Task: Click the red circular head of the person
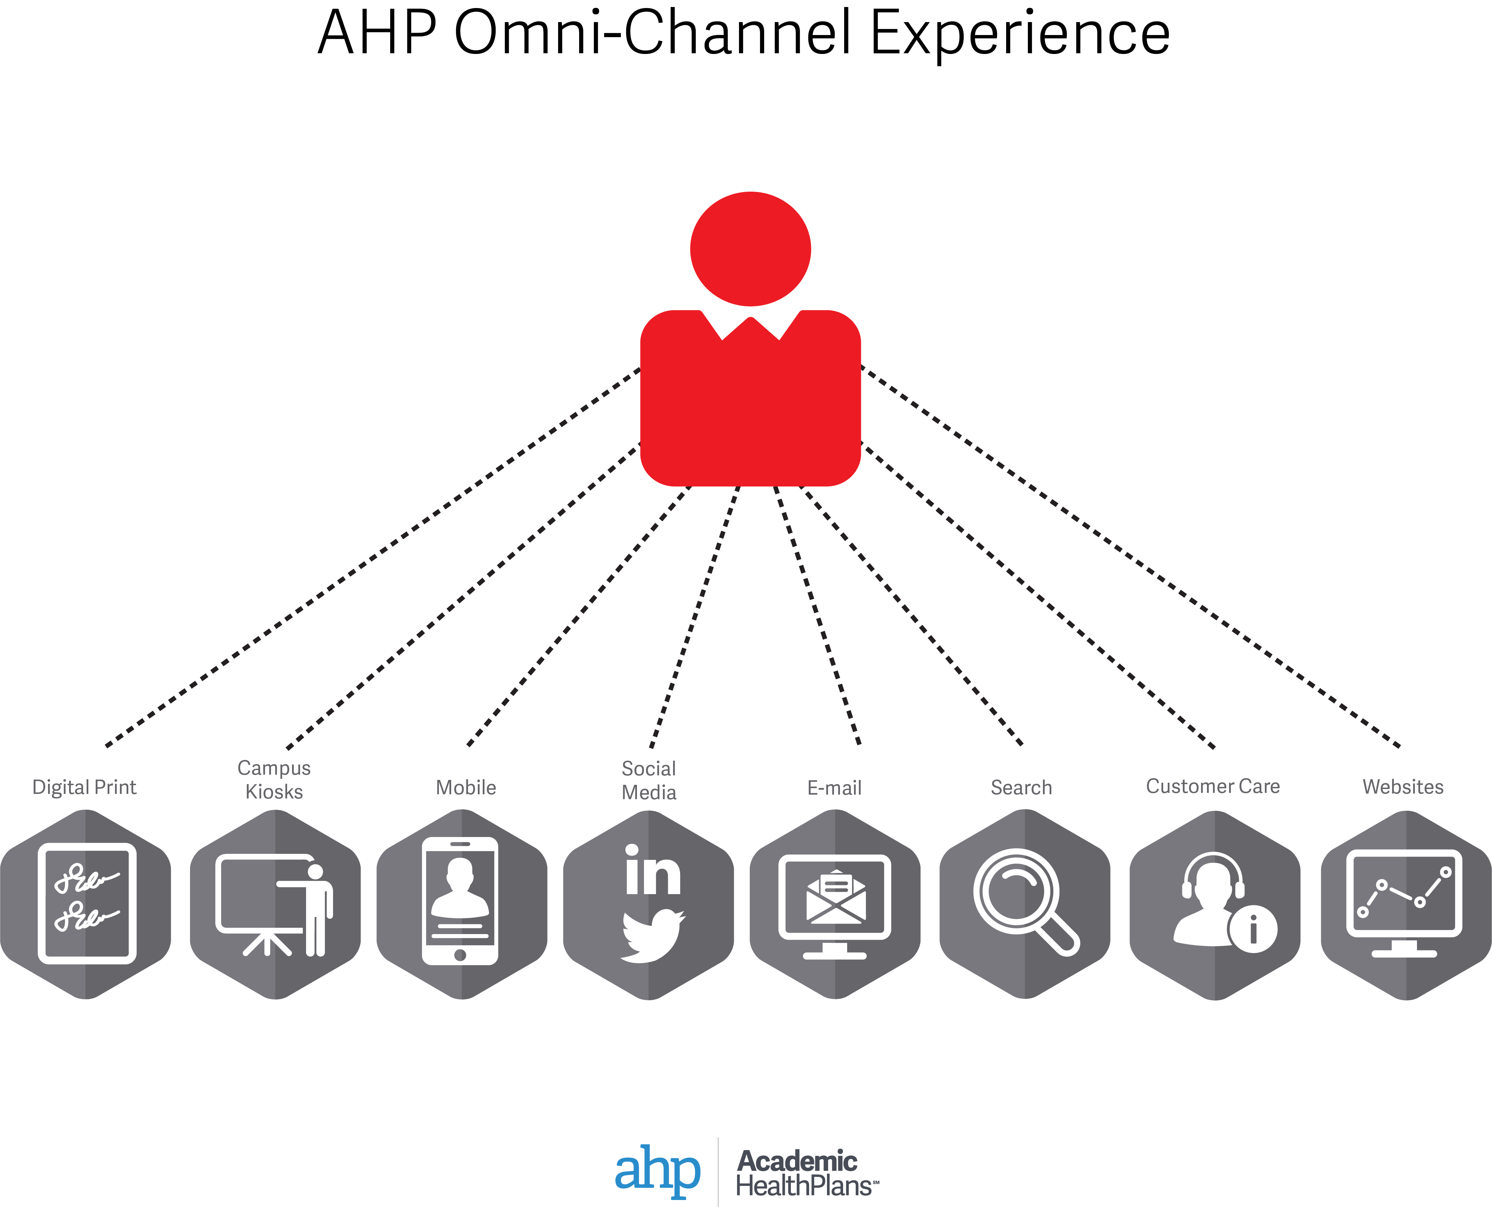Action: click(751, 249)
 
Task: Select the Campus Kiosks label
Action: click(274, 780)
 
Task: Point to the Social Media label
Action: click(649, 780)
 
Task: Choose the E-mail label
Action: click(835, 788)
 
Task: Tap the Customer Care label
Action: click(1213, 786)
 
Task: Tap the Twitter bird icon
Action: click(652, 935)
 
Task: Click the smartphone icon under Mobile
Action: click(460, 901)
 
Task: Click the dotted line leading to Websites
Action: click(1130, 556)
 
